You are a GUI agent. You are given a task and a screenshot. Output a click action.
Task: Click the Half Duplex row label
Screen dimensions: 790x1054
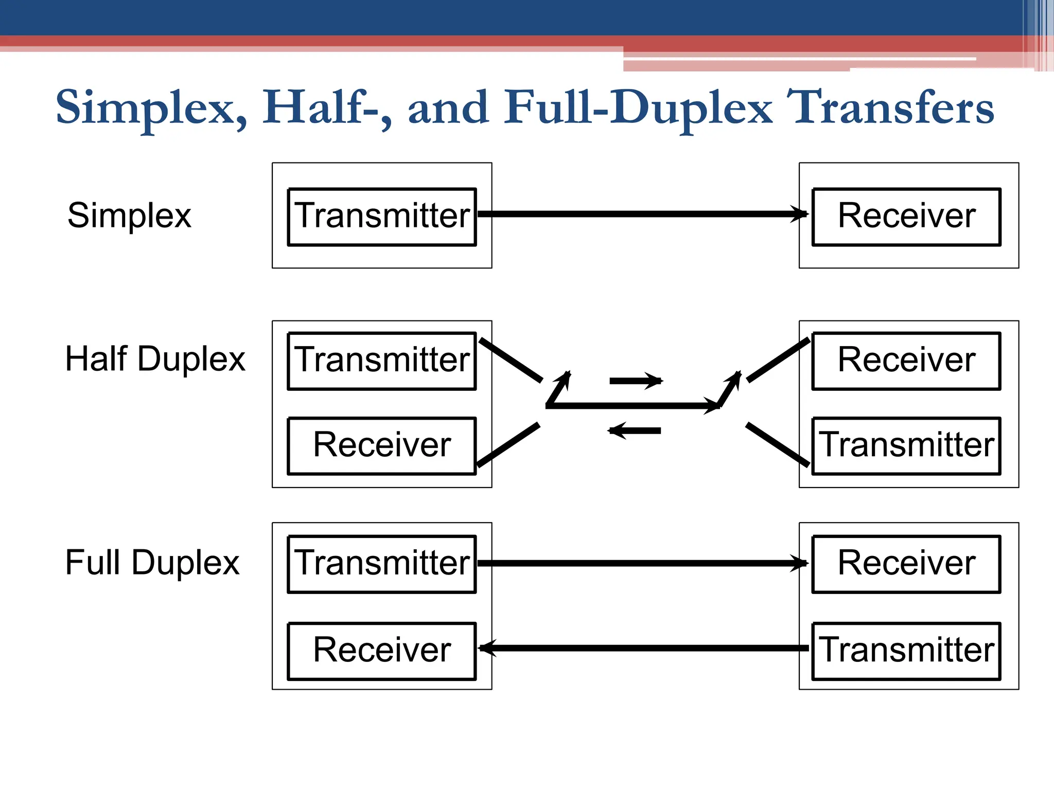coord(155,358)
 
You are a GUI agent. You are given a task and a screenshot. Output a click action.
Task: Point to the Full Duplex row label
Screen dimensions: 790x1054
coord(152,562)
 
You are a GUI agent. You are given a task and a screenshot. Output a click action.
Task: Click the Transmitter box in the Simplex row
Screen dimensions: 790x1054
coord(382,217)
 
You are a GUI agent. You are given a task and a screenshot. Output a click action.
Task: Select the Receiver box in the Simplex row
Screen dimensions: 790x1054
coord(906,217)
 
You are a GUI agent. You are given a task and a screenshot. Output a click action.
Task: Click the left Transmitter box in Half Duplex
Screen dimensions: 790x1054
coord(382,361)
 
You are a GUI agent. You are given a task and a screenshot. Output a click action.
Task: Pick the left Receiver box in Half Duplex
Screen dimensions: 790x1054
coord(382,445)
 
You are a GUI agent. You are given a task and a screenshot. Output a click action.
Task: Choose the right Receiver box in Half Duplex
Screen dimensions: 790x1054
coord(906,361)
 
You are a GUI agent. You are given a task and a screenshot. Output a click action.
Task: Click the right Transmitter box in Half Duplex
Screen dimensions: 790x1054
coord(906,445)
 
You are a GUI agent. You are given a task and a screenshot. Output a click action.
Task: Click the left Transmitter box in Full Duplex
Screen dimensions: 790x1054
coord(382,564)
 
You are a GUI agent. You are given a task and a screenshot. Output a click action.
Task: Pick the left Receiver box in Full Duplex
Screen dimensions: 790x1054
coord(382,651)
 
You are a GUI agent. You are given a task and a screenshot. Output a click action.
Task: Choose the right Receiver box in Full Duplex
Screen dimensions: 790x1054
coord(906,564)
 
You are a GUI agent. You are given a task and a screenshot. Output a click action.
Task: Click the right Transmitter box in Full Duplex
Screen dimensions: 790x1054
coord(906,651)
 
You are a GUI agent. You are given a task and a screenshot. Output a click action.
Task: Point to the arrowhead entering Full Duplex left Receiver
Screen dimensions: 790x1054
coord(487,648)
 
